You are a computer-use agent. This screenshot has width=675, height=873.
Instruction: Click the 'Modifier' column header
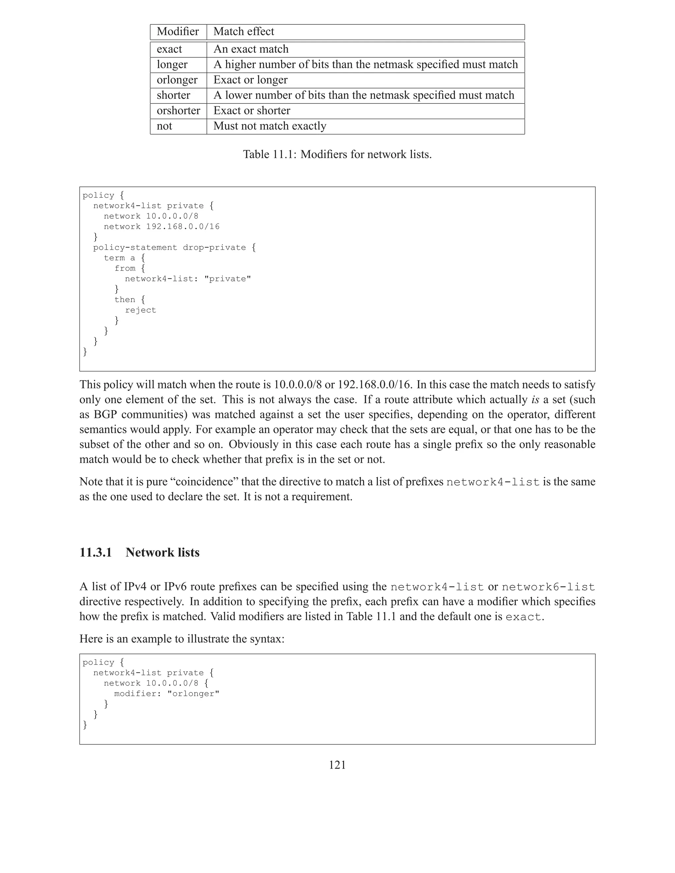point(178,32)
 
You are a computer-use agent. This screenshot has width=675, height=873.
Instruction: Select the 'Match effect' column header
point(244,32)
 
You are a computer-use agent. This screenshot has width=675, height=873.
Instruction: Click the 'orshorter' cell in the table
point(178,111)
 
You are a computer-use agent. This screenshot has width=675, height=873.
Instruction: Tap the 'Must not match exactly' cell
point(270,126)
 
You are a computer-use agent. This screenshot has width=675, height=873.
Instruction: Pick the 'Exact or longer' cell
point(250,80)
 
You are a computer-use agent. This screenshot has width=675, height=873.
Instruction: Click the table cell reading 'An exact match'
point(251,49)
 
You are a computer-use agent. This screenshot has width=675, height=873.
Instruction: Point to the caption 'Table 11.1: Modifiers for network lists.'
point(337,154)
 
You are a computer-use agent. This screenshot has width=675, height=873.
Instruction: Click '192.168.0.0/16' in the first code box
point(183,227)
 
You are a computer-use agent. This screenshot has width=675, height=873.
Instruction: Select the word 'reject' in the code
point(140,310)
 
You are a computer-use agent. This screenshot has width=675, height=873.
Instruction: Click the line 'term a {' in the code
point(124,258)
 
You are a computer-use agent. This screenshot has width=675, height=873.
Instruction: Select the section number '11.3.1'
point(96,552)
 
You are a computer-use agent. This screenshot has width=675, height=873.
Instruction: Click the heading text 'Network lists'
point(162,552)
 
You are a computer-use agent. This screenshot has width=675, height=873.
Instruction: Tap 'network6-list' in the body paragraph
point(548,587)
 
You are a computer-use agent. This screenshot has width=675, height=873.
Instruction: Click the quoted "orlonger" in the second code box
point(193,693)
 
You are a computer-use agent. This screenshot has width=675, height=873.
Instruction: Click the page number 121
point(337,765)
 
